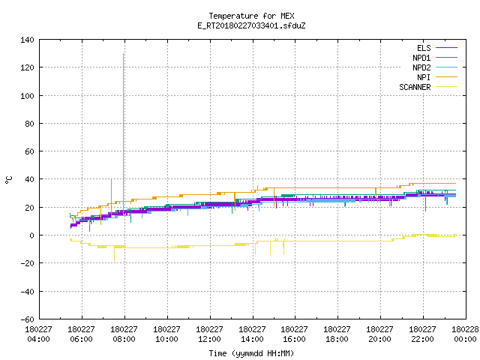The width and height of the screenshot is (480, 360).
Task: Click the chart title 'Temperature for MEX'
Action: pyautogui.click(x=251, y=16)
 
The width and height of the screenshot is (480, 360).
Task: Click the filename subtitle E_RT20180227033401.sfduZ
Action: pyautogui.click(x=251, y=25)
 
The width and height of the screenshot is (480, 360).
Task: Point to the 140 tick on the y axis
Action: pyautogui.click(x=27, y=40)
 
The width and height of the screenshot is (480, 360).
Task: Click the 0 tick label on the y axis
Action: pyautogui.click(x=31, y=235)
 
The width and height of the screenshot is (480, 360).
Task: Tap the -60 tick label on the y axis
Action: pyautogui.click(x=27, y=319)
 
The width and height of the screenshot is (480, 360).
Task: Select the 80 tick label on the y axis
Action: pyautogui.click(x=29, y=124)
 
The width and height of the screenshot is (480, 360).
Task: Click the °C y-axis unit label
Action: pyautogui.click(x=8, y=180)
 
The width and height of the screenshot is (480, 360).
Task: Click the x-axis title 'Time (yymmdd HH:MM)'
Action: pyautogui.click(x=251, y=353)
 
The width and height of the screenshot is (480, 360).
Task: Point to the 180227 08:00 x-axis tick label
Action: pyautogui.click(x=124, y=334)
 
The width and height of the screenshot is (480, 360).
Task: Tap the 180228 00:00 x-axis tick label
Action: pyautogui.click(x=465, y=334)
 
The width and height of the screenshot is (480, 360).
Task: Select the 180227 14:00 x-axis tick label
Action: pyautogui.click(x=252, y=334)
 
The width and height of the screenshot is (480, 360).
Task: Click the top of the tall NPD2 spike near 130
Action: pyautogui.click(x=123, y=53)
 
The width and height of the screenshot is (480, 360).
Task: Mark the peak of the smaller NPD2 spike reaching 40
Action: pyautogui.click(x=112, y=178)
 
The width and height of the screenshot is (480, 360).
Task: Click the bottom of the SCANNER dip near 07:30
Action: pyautogui.click(x=115, y=260)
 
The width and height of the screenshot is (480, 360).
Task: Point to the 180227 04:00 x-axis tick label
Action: pyautogui.click(x=38, y=334)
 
